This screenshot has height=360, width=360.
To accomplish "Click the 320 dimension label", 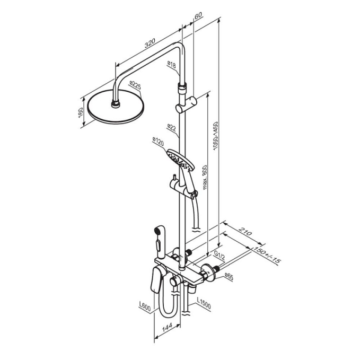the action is [x=150, y=43].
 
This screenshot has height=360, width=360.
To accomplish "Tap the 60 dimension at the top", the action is [x=198, y=15].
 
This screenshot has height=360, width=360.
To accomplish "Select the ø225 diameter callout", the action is [x=135, y=85].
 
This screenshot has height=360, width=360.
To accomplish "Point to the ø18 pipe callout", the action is [x=171, y=65].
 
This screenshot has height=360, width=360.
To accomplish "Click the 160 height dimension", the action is [x=81, y=113].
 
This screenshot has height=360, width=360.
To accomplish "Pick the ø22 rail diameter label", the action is [x=171, y=127].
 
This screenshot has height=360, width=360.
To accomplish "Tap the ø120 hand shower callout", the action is [x=158, y=142].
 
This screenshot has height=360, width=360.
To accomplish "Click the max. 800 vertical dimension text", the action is [x=205, y=177].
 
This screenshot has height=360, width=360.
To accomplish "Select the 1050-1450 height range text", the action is [x=215, y=136].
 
